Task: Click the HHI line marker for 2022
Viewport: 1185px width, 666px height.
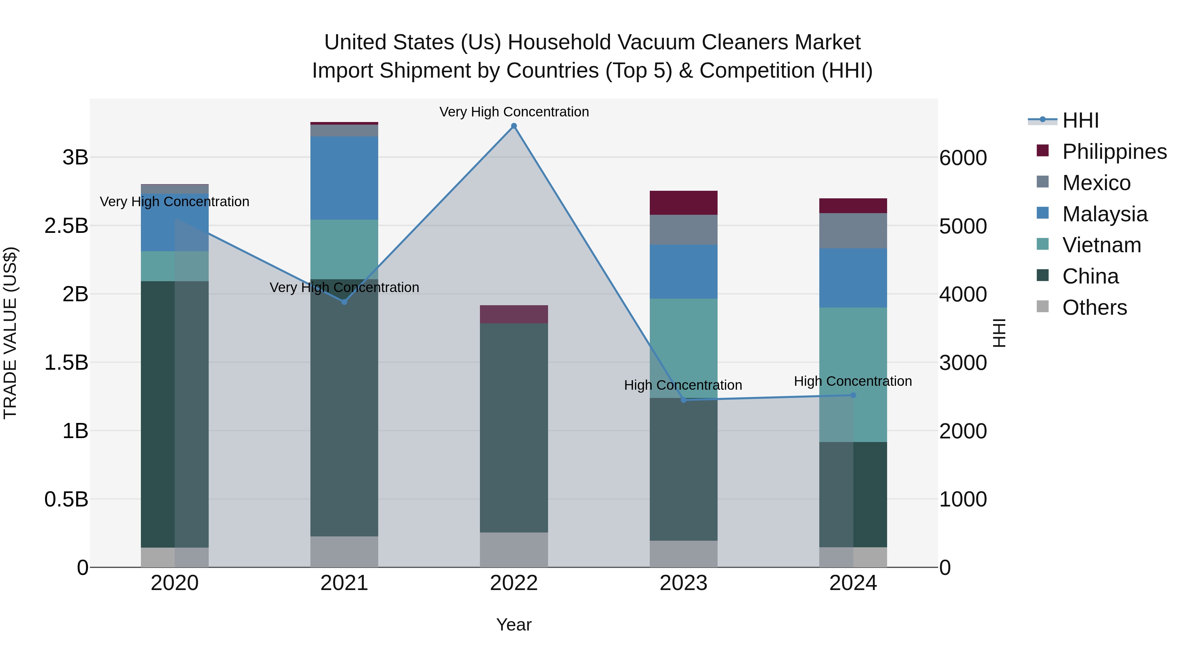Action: [514, 126]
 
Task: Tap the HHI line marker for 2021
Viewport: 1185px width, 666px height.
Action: [344, 302]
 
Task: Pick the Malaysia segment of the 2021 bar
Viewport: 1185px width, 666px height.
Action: [344, 178]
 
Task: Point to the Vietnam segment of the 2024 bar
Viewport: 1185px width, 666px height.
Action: [853, 375]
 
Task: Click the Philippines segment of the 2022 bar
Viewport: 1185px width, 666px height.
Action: [514, 314]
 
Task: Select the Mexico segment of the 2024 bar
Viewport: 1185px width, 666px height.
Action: [853, 231]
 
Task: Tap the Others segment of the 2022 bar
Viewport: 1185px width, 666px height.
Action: [514, 550]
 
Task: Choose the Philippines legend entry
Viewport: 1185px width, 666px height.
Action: [1114, 152]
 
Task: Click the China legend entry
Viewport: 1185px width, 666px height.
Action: [1090, 276]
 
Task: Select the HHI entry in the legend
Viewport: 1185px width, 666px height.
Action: [1080, 120]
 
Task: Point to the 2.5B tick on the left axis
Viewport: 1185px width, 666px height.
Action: [66, 226]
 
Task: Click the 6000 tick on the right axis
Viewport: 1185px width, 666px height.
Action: [963, 158]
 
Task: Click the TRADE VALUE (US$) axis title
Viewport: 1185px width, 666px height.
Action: [10, 333]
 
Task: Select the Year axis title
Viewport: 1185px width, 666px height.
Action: [513, 625]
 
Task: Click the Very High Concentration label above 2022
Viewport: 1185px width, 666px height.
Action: [514, 112]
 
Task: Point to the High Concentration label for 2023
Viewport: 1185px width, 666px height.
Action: [683, 385]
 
